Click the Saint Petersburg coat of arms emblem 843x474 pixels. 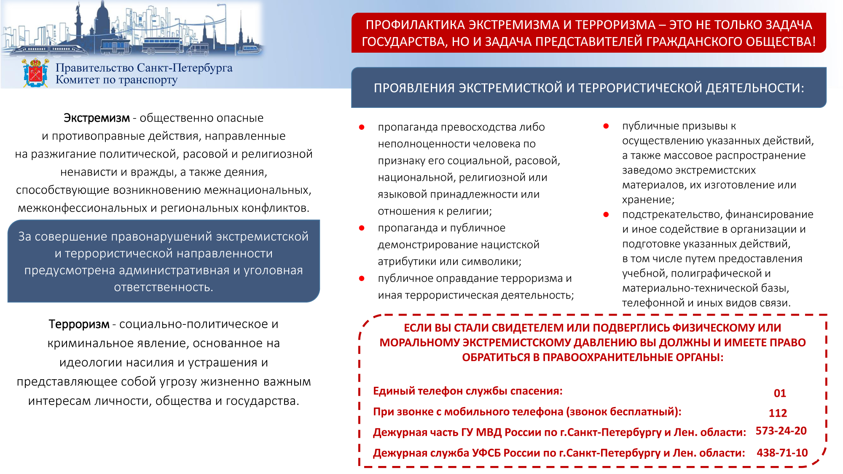coord(35,73)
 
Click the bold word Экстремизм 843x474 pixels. coord(97,118)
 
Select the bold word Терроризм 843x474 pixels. coord(79,324)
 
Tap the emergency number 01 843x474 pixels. coord(780,393)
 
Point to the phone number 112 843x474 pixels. coord(778,413)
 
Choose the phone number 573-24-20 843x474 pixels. coord(781,431)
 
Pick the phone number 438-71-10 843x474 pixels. coord(782,453)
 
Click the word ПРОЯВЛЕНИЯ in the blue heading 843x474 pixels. coord(414,88)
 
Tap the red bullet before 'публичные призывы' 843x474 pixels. coord(606,126)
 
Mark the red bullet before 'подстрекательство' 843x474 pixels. coord(606,214)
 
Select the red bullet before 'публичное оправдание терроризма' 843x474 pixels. coord(362,279)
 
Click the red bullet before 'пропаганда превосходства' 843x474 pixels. coord(362,127)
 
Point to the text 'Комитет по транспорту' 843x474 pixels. coord(116,80)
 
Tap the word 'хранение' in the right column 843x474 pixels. coord(647,200)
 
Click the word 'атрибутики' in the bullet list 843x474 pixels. coord(407,262)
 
